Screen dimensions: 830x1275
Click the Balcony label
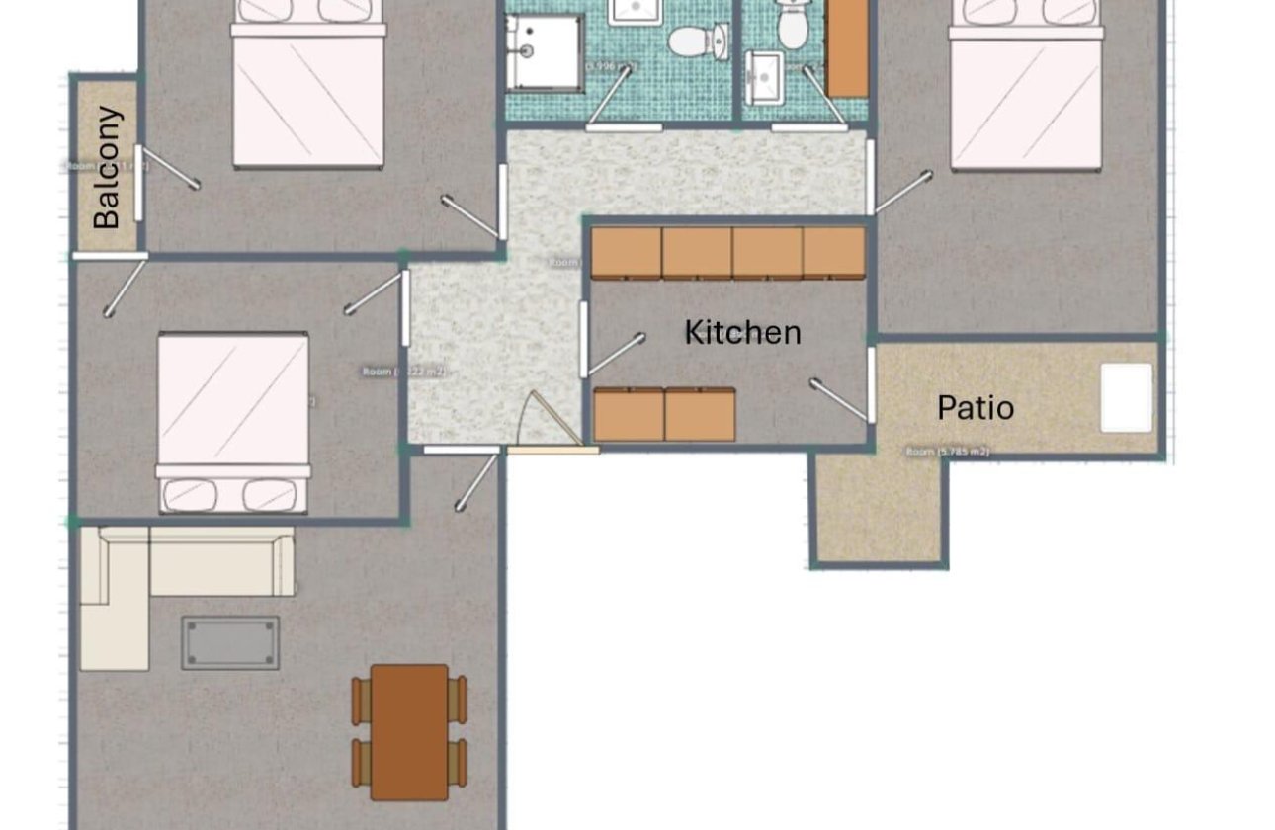pyautogui.click(x=108, y=168)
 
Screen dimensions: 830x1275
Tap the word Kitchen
pyautogui.click(x=742, y=332)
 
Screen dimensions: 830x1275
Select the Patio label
pyautogui.click(x=975, y=407)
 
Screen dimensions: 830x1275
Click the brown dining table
pyautogui.click(x=409, y=731)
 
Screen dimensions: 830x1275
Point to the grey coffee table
pyautogui.click(x=229, y=643)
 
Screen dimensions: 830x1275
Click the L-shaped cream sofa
pyautogui.click(x=148, y=573)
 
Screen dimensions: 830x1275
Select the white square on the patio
pyautogui.click(x=1126, y=397)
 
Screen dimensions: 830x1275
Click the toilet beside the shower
pyautogui.click(x=692, y=41)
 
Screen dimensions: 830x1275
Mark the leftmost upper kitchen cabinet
pyautogui.click(x=626, y=253)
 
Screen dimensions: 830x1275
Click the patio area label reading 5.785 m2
pyautogui.click(x=947, y=452)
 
